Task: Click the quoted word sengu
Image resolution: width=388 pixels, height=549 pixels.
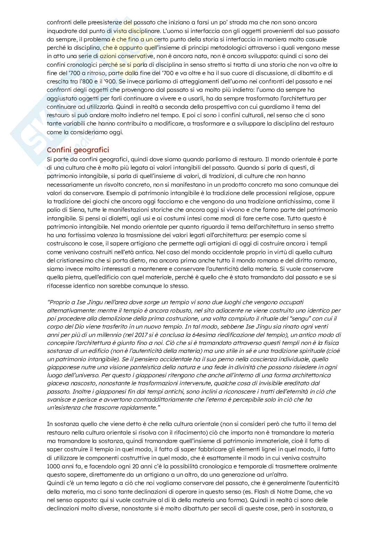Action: (x=296, y=318)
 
